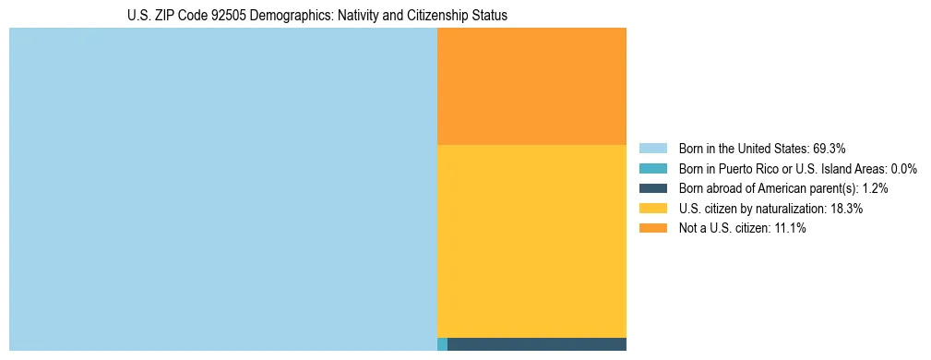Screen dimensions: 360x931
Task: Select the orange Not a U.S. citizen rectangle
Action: click(x=531, y=86)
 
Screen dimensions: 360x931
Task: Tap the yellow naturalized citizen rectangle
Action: click(x=531, y=241)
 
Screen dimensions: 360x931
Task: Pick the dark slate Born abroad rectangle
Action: click(x=536, y=344)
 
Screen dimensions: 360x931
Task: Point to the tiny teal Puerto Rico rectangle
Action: click(x=442, y=344)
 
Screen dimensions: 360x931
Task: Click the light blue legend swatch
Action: click(x=652, y=149)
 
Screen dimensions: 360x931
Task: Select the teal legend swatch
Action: click(x=652, y=169)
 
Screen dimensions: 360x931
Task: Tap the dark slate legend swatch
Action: click(x=652, y=188)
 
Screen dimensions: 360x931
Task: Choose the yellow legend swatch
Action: click(x=652, y=209)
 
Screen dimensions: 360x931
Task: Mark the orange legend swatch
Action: click(x=652, y=229)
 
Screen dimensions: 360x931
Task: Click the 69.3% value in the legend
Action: click(x=830, y=149)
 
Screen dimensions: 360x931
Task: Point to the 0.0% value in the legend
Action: click(x=903, y=169)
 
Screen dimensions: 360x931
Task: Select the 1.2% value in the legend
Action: click(x=875, y=188)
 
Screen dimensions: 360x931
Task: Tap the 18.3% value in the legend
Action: click(x=846, y=209)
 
